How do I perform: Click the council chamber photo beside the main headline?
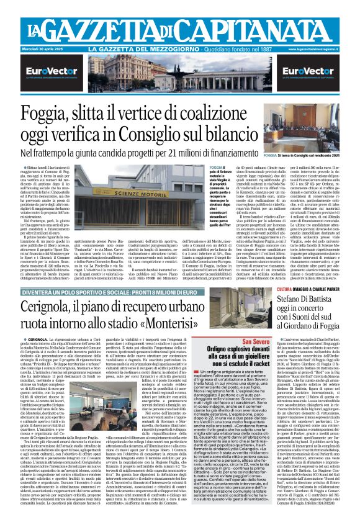(x=307, y=124)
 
